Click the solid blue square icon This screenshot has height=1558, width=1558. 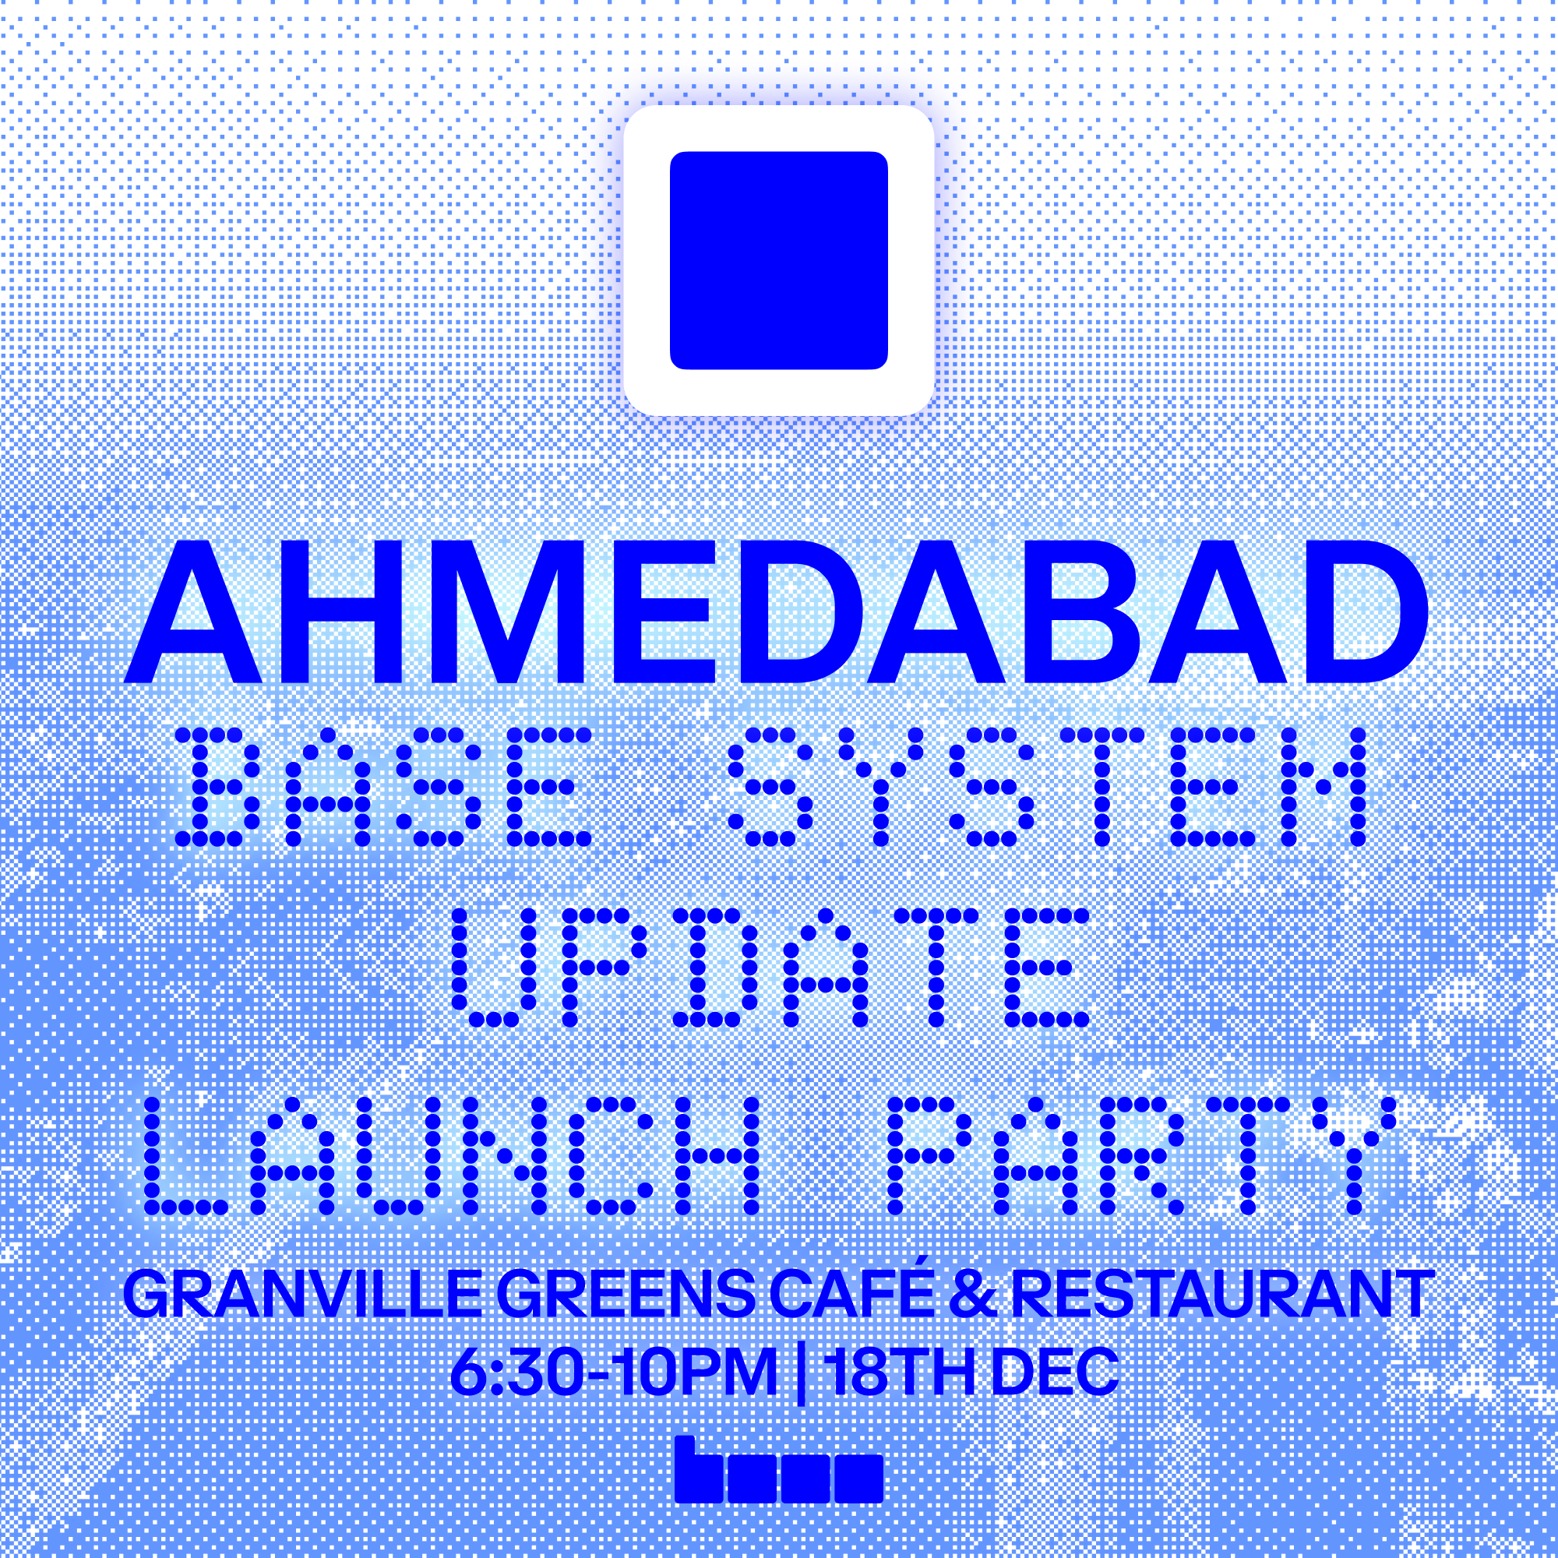(779, 260)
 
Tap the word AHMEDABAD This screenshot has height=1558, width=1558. (775, 612)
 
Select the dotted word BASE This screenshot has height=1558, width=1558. (384, 787)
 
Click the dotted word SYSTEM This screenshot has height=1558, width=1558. (1048, 787)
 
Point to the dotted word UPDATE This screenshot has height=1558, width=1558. (770, 968)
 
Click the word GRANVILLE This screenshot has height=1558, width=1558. (302, 1294)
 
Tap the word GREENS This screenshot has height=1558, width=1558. (626, 1294)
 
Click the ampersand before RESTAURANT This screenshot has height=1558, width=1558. (973, 1294)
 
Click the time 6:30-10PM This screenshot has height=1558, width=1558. (613, 1371)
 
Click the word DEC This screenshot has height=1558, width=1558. (1055, 1371)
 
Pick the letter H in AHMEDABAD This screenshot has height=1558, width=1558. (340, 612)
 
